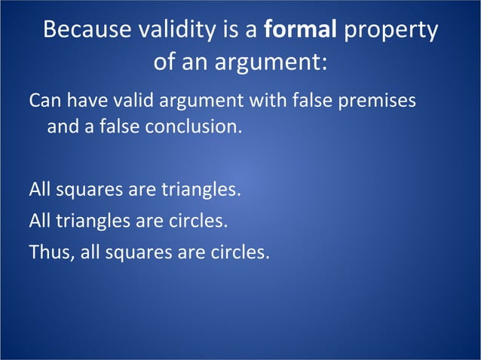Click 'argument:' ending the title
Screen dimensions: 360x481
(282, 62)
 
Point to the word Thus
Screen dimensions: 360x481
(48, 252)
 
